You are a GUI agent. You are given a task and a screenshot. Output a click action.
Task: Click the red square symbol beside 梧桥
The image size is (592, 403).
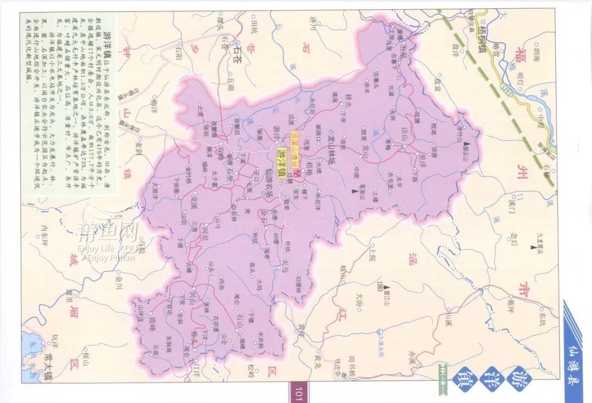pyautogui.click(x=297, y=173)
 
